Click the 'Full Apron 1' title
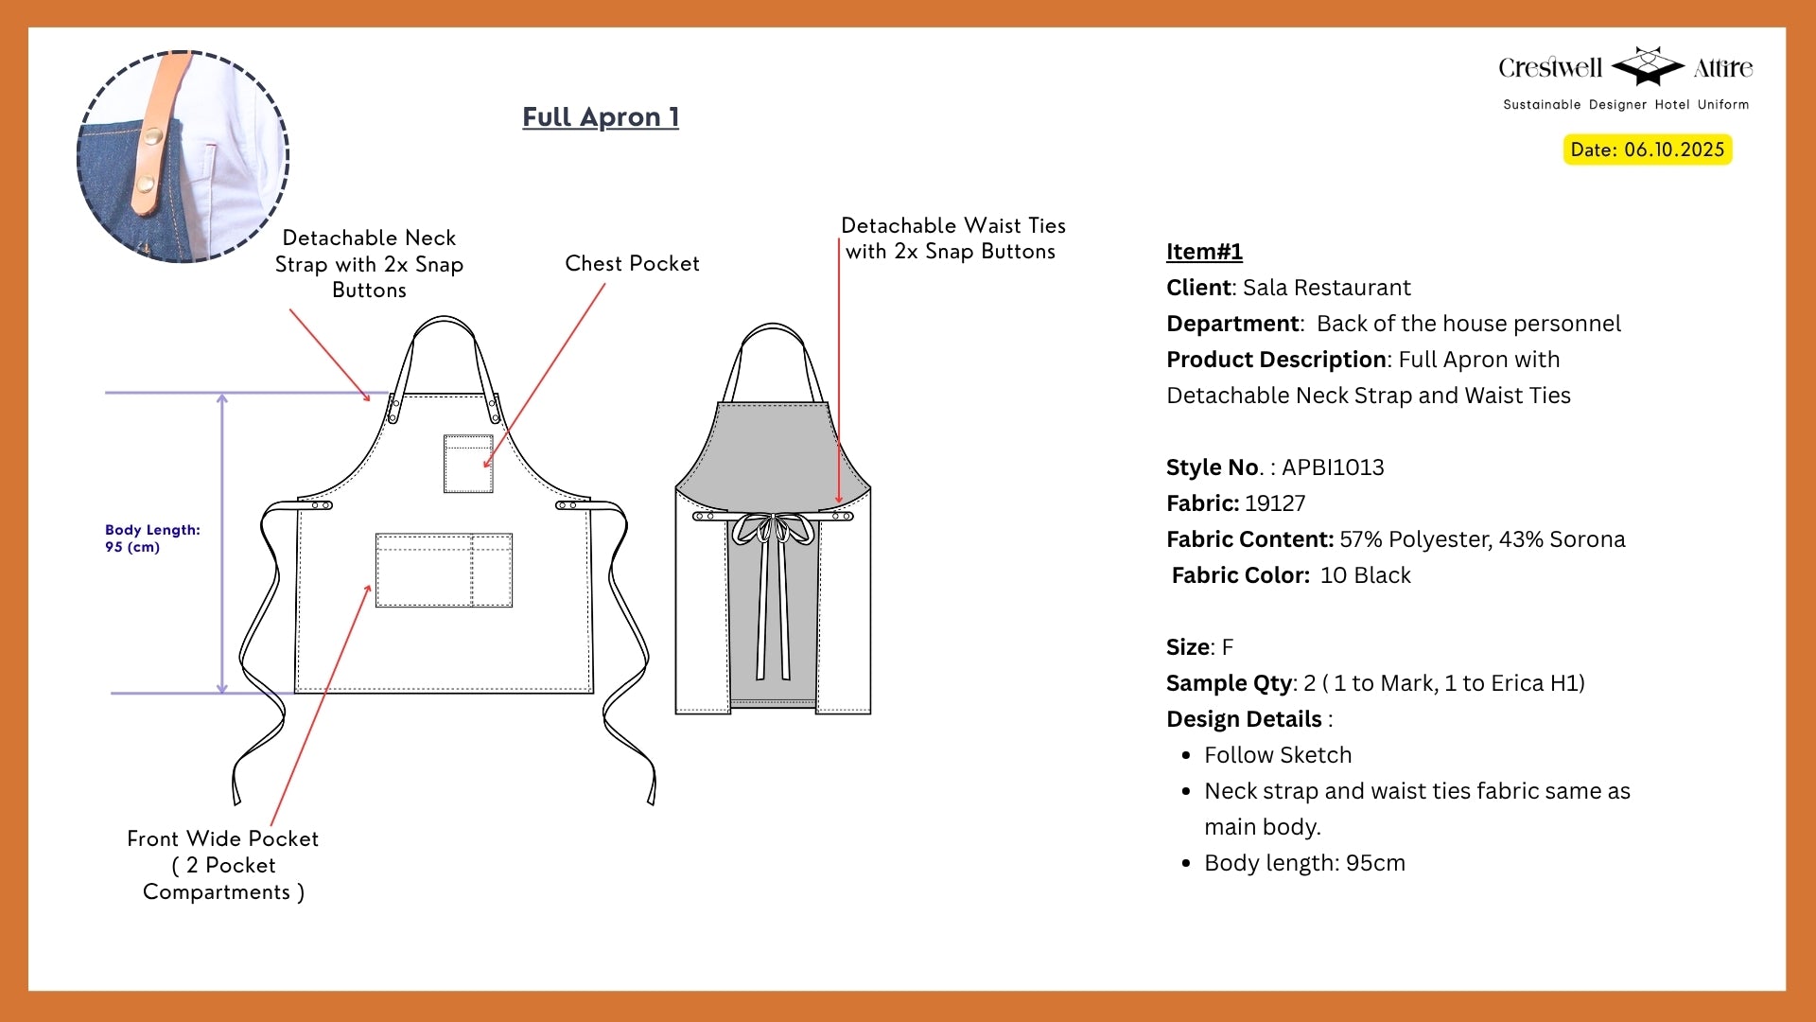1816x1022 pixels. [601, 117]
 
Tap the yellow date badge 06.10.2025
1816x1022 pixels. [1647, 150]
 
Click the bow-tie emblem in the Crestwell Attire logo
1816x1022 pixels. [1648, 65]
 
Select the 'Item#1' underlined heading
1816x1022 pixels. [1204, 252]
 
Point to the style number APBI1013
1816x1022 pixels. [1333, 467]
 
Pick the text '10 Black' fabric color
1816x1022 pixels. [1365, 575]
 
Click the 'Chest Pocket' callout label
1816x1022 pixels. [632, 264]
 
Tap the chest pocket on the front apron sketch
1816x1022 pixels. [468, 464]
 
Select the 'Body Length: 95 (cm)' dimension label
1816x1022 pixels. [152, 538]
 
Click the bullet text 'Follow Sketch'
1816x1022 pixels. [1278, 755]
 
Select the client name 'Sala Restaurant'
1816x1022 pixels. [1326, 288]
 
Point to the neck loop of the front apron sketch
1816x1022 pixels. [444, 326]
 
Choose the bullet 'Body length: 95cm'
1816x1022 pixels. [1304, 863]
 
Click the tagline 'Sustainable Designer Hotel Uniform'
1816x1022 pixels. [1626, 105]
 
